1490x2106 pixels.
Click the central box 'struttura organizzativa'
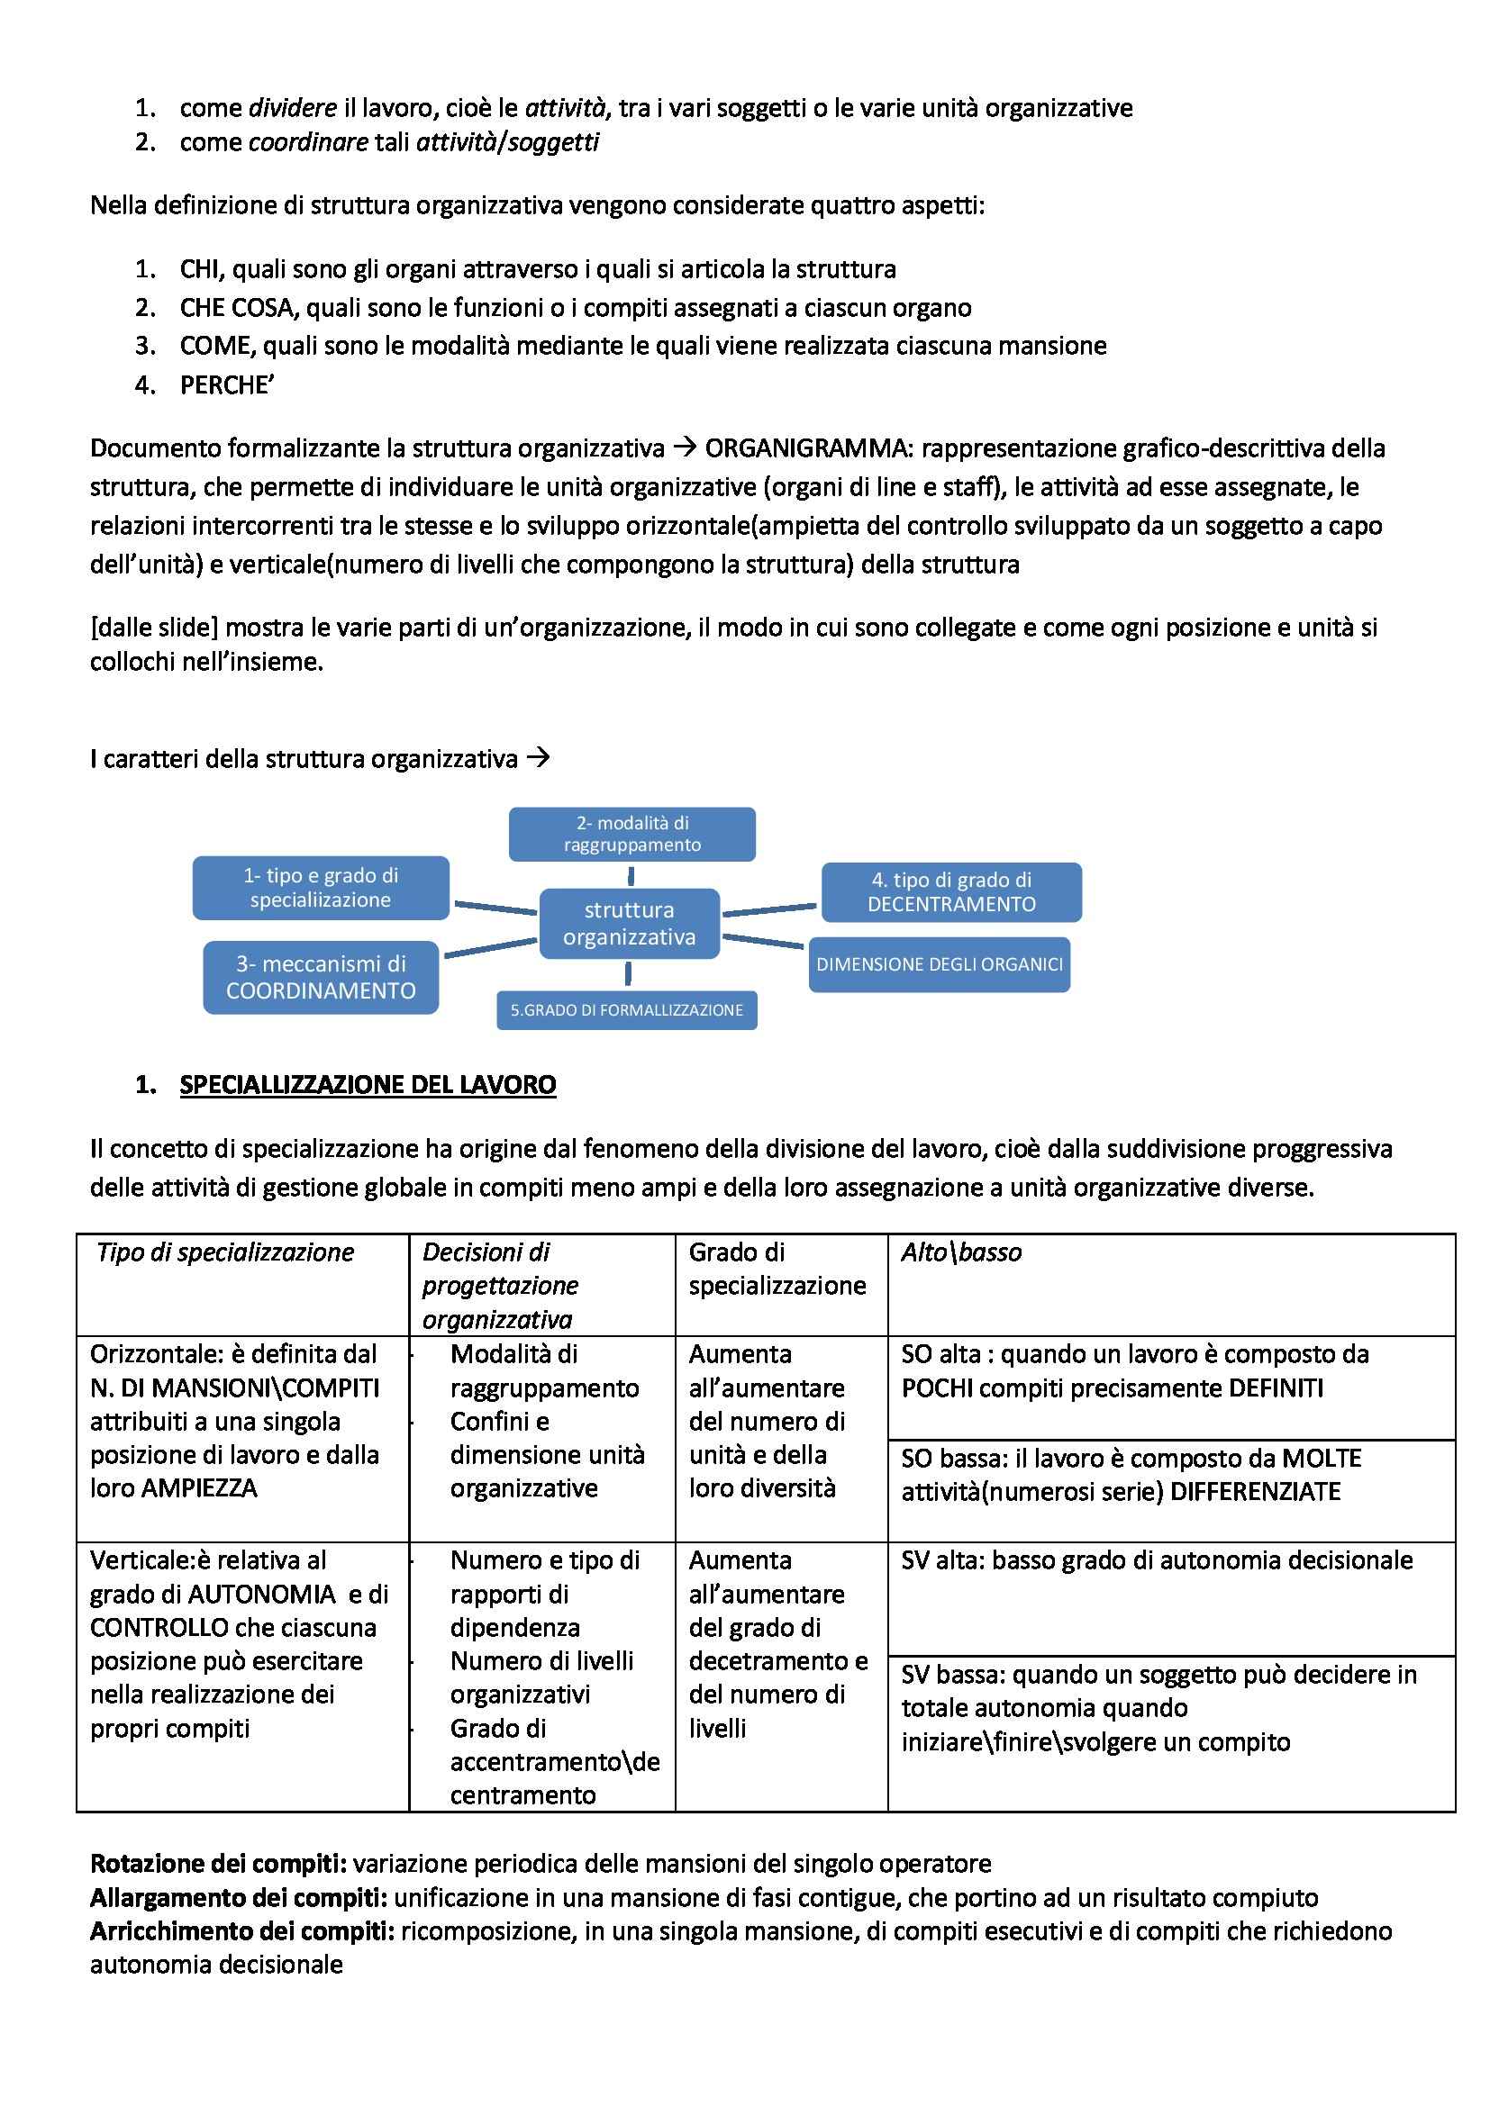(x=629, y=923)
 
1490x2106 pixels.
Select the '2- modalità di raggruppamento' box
(x=632, y=834)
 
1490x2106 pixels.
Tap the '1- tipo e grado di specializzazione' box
(x=320, y=888)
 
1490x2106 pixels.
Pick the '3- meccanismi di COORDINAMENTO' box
(x=320, y=977)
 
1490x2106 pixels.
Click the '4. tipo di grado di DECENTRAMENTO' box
(x=951, y=891)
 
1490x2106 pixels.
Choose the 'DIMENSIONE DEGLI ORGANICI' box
(x=939, y=964)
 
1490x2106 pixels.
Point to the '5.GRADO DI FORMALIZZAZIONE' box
(x=627, y=1010)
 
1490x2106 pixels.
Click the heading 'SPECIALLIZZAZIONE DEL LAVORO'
(x=367, y=1084)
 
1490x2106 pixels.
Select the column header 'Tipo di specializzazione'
(x=225, y=1252)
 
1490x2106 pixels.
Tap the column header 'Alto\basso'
(x=960, y=1252)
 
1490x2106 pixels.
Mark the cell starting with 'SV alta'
(x=1156, y=1560)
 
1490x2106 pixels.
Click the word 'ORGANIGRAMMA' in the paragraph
(x=807, y=448)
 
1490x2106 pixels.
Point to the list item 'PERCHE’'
(x=227, y=385)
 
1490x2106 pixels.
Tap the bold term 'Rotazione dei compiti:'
(x=218, y=1864)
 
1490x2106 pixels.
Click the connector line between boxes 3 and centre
(x=490, y=947)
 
